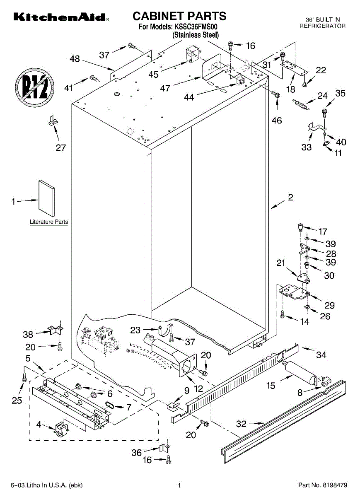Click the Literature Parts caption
48,222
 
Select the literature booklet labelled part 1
46,198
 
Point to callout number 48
75,59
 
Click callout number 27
61,147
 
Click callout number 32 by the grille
241,424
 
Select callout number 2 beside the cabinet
290,198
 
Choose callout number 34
321,355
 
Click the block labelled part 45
192,55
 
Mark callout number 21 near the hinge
281,263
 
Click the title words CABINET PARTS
179,16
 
